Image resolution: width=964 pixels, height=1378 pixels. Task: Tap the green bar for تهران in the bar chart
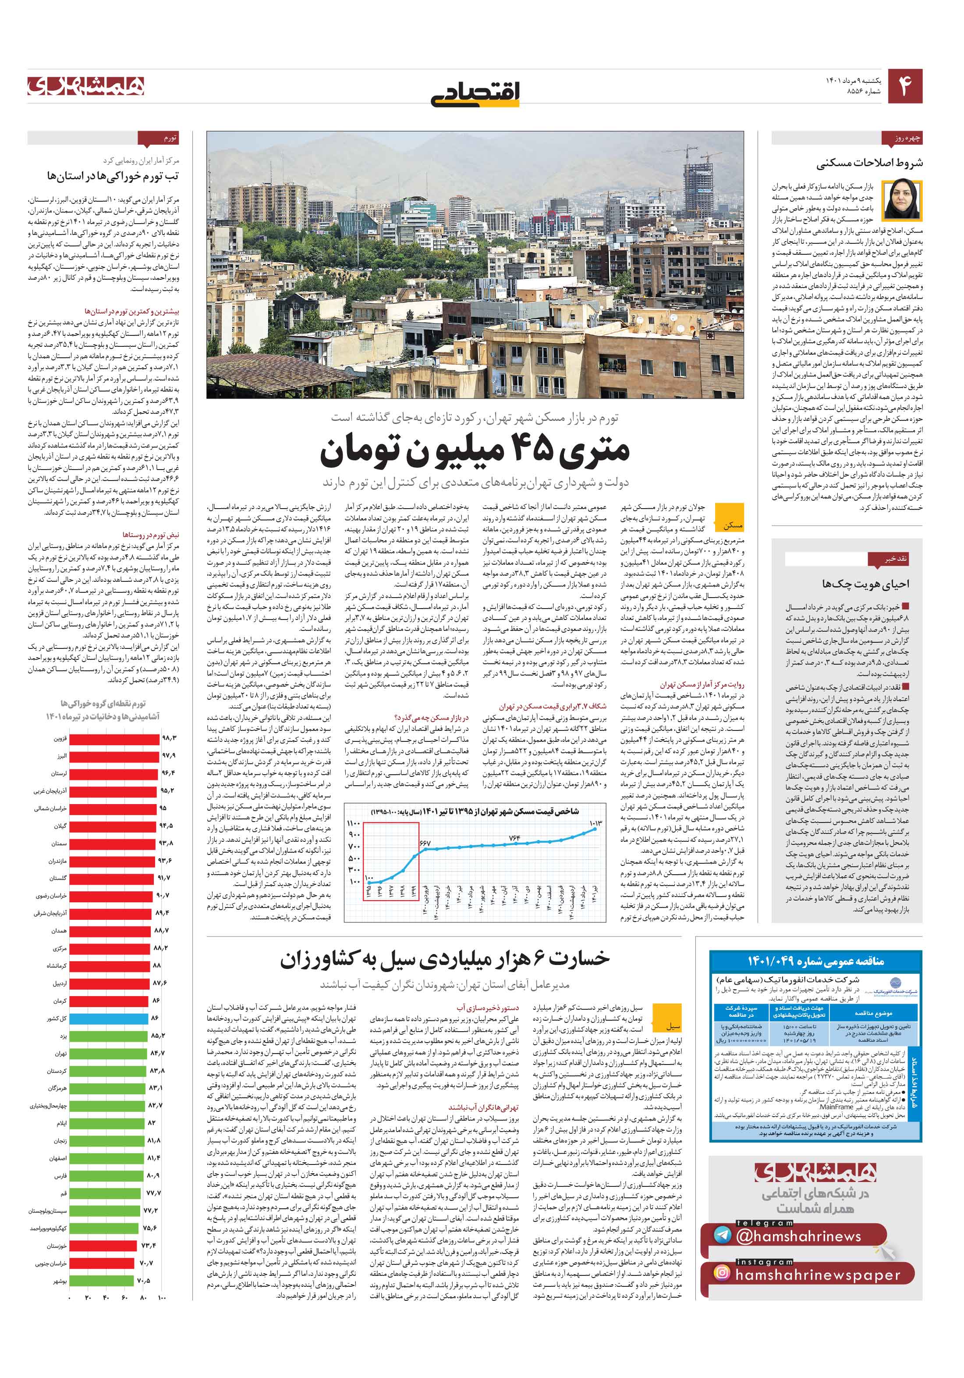(x=108, y=1053)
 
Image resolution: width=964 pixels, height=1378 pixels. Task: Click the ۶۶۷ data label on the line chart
(x=425, y=843)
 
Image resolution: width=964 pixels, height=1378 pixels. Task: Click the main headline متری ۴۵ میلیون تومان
(x=475, y=451)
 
